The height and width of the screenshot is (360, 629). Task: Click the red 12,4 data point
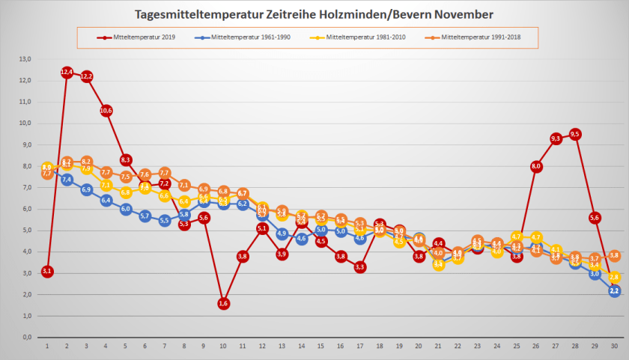click(67, 72)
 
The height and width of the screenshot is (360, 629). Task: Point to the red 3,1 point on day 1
click(47, 271)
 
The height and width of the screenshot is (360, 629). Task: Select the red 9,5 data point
click(575, 134)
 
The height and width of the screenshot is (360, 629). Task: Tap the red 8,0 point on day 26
click(536, 166)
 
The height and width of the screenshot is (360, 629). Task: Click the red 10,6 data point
click(106, 111)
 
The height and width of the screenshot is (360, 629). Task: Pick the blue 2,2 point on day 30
click(614, 290)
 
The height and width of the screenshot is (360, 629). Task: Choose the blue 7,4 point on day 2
click(67, 179)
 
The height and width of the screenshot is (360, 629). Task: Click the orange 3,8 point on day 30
click(614, 256)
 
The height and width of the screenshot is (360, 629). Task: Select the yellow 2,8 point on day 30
click(614, 277)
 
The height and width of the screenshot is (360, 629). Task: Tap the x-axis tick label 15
click(320, 347)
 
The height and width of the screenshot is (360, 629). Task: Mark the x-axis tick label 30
click(614, 347)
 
